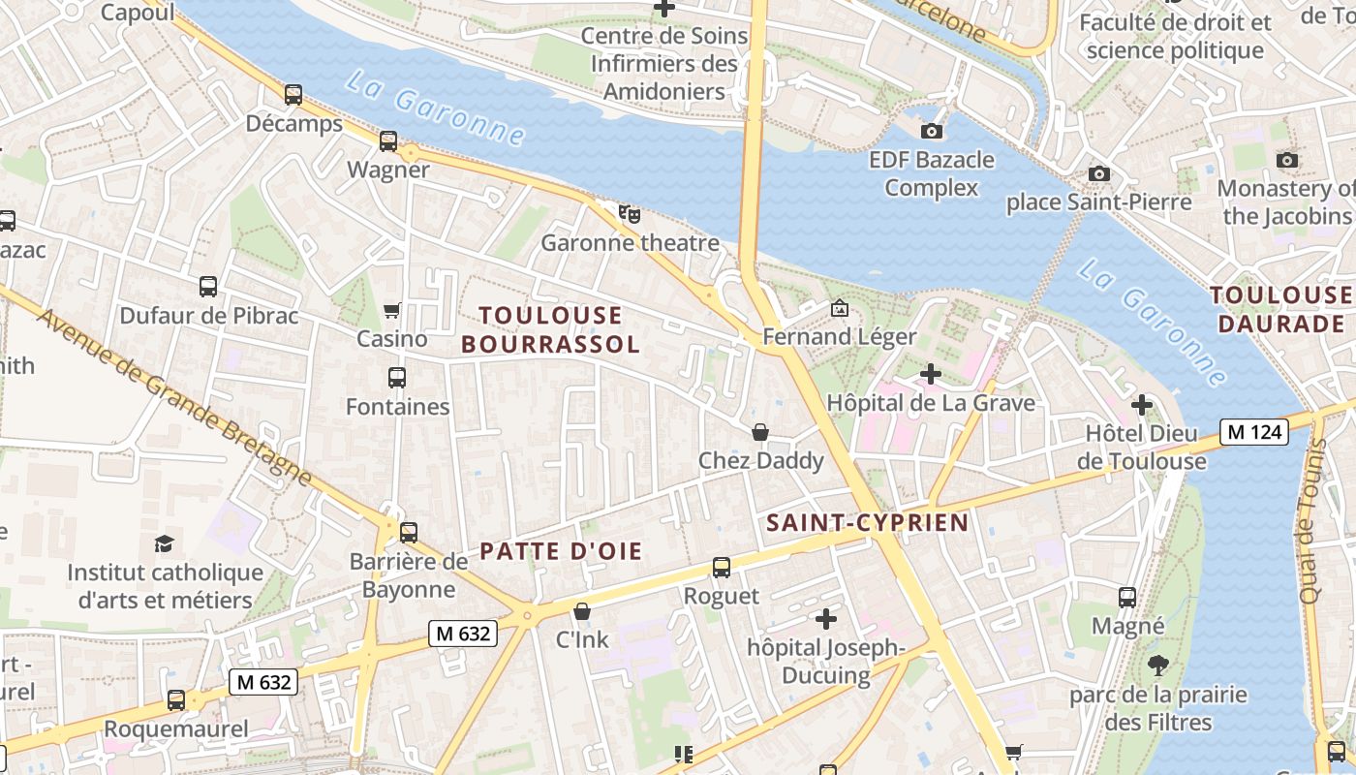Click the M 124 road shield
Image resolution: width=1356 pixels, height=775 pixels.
1253,432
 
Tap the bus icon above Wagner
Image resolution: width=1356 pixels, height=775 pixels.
388,141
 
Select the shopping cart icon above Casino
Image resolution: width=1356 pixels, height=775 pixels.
392,310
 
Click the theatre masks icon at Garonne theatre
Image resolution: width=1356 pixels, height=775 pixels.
630,213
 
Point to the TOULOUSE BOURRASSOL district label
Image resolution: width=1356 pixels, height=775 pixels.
550,329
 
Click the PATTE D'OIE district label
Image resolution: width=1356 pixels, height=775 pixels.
561,552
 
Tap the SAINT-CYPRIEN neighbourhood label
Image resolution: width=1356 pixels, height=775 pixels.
867,523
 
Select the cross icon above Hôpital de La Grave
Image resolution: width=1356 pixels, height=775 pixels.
931,373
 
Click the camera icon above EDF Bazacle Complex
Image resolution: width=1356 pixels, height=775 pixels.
932,131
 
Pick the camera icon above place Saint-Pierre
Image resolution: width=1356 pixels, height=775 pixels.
1098,173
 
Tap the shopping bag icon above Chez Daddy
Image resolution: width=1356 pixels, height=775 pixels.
760,432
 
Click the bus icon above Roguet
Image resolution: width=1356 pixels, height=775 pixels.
722,568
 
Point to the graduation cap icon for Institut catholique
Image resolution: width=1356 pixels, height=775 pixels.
164,543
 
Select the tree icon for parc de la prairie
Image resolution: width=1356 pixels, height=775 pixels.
1157,666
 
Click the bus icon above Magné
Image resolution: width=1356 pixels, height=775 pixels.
1127,598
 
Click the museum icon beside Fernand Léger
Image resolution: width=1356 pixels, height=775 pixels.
840,309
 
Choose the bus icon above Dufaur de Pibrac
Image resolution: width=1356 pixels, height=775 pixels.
208,287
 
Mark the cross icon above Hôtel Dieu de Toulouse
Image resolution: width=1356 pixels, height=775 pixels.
1142,404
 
